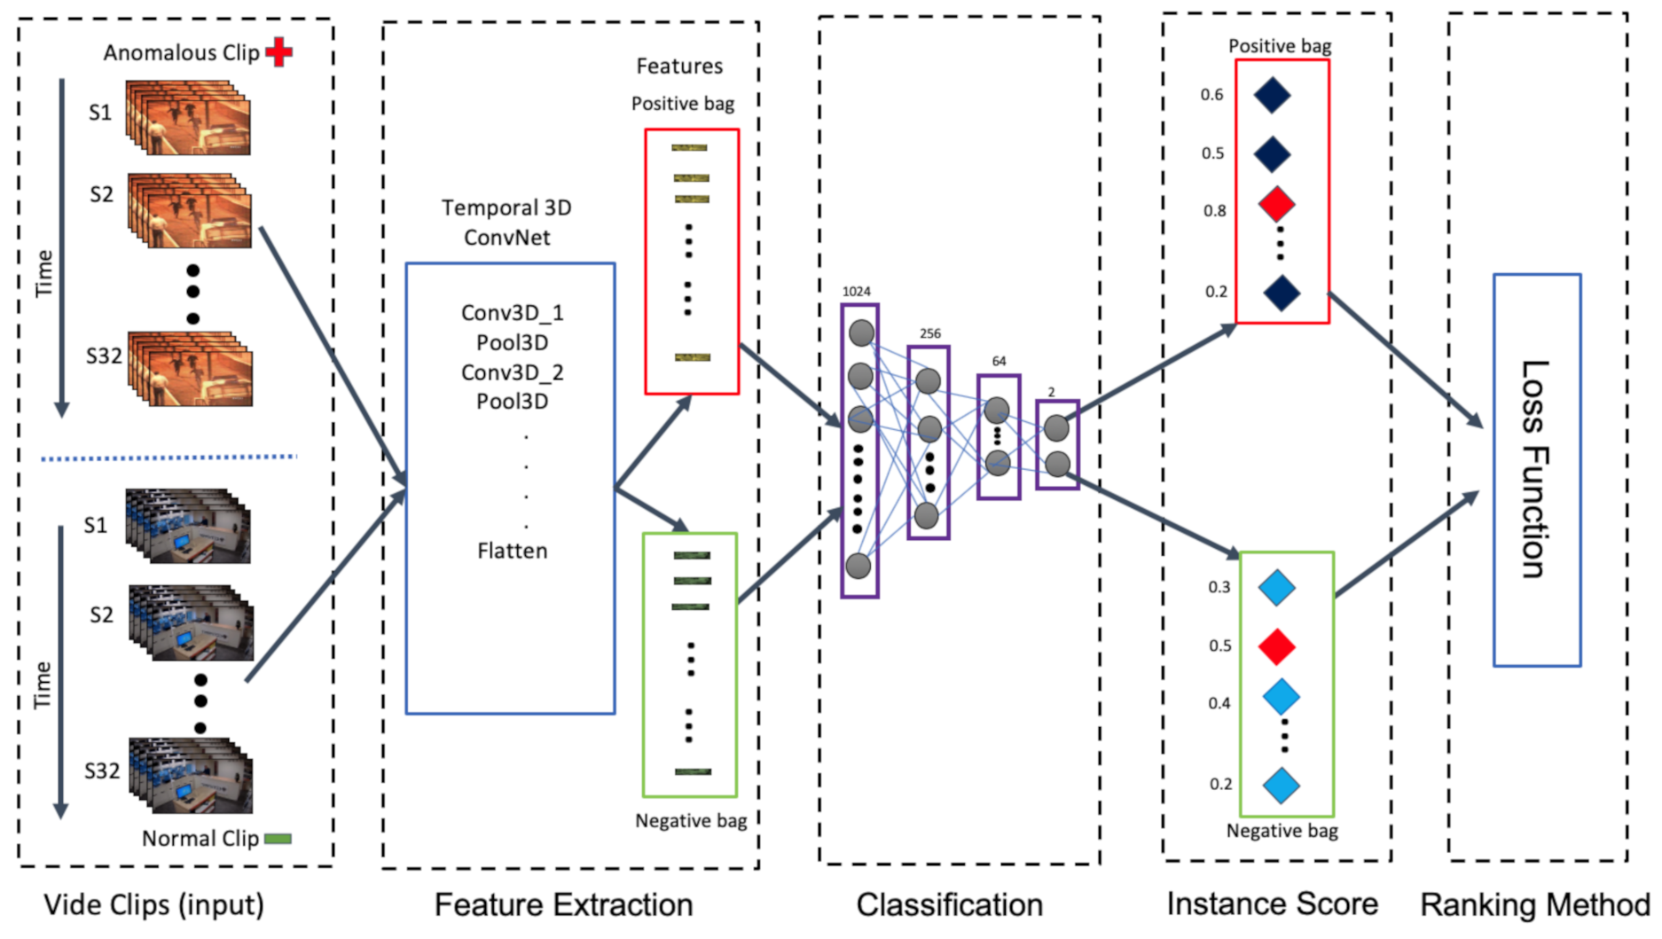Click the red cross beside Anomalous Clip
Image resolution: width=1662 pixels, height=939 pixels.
pyautogui.click(x=279, y=52)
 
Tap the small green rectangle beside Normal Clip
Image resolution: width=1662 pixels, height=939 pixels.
pyautogui.click(x=278, y=839)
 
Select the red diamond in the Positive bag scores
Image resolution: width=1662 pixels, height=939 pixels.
pyautogui.click(x=1277, y=205)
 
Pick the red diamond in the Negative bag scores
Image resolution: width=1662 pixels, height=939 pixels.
pyautogui.click(x=1277, y=646)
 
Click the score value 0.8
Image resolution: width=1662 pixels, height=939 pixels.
pyautogui.click(x=1214, y=211)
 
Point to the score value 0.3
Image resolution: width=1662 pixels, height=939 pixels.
pyautogui.click(x=1219, y=587)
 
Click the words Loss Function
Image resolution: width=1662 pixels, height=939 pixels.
pyautogui.click(x=1535, y=469)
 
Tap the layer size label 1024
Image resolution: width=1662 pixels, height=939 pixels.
pyautogui.click(x=857, y=291)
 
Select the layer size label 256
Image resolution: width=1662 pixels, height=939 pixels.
pyautogui.click(x=930, y=333)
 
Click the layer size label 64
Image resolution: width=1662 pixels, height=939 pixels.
pyautogui.click(x=1000, y=361)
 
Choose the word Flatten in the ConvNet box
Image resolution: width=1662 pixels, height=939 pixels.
pyautogui.click(x=513, y=551)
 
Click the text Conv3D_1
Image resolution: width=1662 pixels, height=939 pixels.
pyautogui.click(x=513, y=313)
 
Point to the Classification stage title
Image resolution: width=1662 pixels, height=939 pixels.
pyautogui.click(x=950, y=905)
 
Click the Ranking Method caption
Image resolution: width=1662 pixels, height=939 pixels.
pyautogui.click(x=1535, y=905)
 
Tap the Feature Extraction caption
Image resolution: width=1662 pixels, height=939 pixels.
pyautogui.click(x=564, y=905)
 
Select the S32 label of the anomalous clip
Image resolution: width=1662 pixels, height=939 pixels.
pyautogui.click(x=104, y=356)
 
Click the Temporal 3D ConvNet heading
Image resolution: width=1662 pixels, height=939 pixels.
pyautogui.click(x=507, y=223)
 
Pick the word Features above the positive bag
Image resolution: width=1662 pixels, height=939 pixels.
pyautogui.click(x=679, y=67)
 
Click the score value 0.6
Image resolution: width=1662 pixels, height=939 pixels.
pyautogui.click(x=1212, y=95)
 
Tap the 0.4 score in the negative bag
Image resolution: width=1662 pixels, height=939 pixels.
pyautogui.click(x=1219, y=703)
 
